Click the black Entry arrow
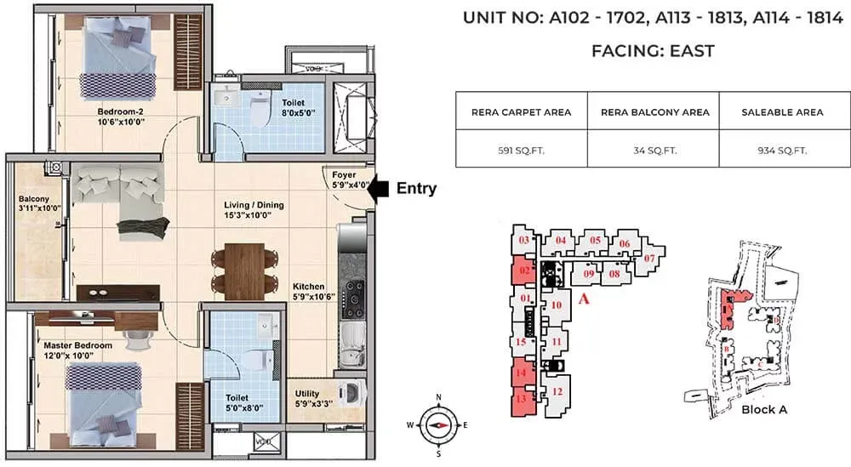point(381,189)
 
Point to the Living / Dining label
point(254,210)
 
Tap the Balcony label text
point(36,206)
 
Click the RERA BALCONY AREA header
point(654,111)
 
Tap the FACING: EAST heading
point(653,51)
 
